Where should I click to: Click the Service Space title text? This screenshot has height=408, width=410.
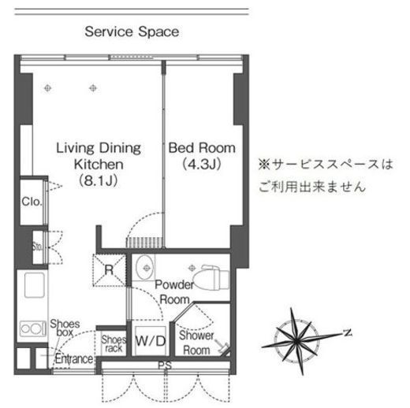point(132,32)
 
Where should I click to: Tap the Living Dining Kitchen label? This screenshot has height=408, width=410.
point(98,156)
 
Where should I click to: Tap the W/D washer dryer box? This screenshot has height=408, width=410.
point(150,342)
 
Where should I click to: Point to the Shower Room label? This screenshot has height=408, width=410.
point(196,343)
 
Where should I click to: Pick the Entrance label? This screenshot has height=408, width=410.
point(74,359)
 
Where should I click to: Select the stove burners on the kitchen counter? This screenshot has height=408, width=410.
point(32,328)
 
